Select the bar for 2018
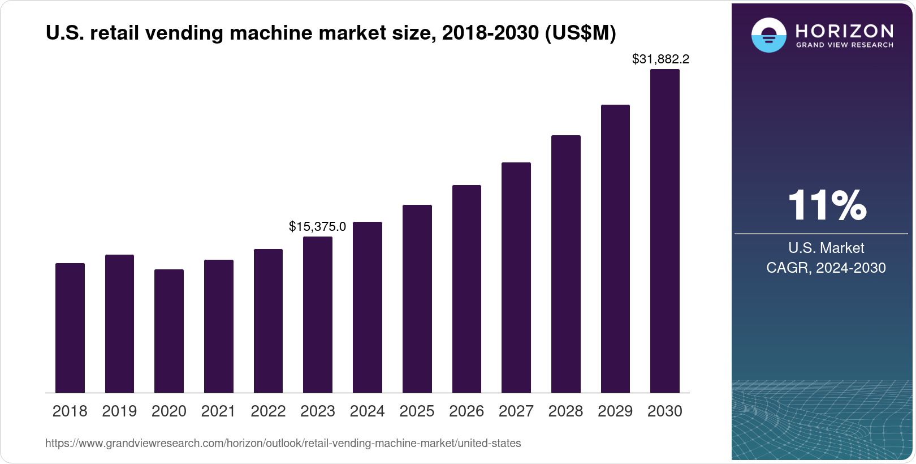tap(70, 328)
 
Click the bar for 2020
tap(169, 331)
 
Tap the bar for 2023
tap(318, 315)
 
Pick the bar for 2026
tap(466, 289)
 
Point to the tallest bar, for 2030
tap(665, 231)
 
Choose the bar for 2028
tap(566, 264)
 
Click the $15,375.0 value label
tap(317, 227)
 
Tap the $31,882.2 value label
tap(660, 59)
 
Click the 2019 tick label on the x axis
tap(119, 411)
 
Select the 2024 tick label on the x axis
tap(367, 411)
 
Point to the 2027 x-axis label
tap(516, 411)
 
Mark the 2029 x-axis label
tap(615, 411)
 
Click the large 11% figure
tap(827, 205)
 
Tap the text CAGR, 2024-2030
tap(826, 268)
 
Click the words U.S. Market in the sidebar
tap(826, 248)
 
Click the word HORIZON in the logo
tap(845, 31)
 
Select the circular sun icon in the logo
tap(768, 35)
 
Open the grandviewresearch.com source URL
tap(283, 443)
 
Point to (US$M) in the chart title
tap(580, 33)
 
